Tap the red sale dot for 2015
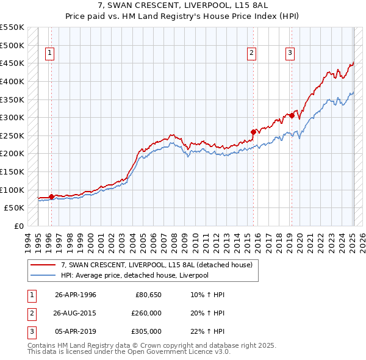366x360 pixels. click(x=253, y=131)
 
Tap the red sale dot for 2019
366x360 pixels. click(x=292, y=115)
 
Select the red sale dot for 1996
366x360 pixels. click(x=51, y=196)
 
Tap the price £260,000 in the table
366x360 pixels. click(x=147, y=313)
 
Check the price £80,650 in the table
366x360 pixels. click(x=148, y=295)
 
